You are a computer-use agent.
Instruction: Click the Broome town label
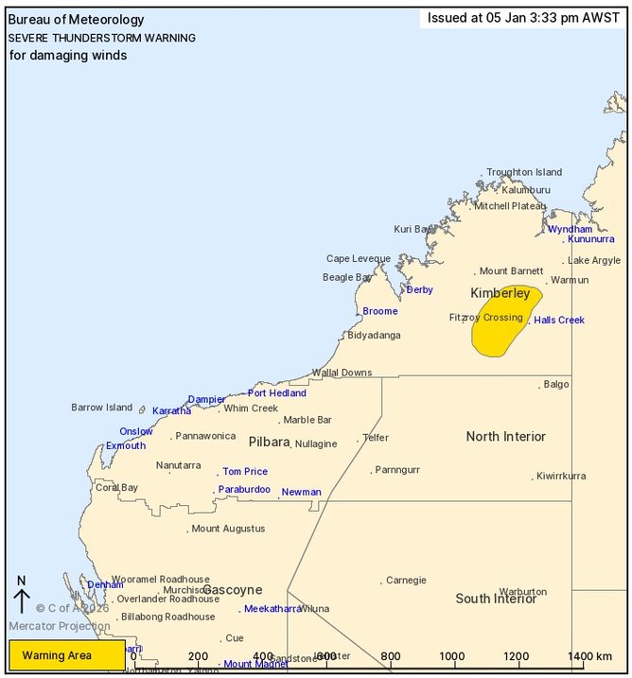[381, 311]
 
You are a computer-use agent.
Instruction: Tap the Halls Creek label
[559, 320]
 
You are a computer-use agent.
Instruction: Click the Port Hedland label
[276, 392]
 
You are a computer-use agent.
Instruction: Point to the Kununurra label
[591, 239]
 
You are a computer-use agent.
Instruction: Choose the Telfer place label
[375, 438]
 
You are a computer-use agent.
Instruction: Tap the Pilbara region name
[269, 442]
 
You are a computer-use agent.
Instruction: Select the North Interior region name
[505, 436]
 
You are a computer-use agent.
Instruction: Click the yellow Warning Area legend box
[66, 654]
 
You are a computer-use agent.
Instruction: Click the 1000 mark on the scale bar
[452, 656]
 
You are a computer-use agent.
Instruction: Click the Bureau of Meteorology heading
[77, 20]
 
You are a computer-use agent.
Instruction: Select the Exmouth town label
[126, 445]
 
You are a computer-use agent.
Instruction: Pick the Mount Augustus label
[228, 529]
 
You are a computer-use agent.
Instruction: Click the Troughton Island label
[524, 172]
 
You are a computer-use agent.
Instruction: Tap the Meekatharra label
[272, 609]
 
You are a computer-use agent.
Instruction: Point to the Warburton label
[522, 591]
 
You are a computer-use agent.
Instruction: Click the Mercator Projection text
[60, 626]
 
